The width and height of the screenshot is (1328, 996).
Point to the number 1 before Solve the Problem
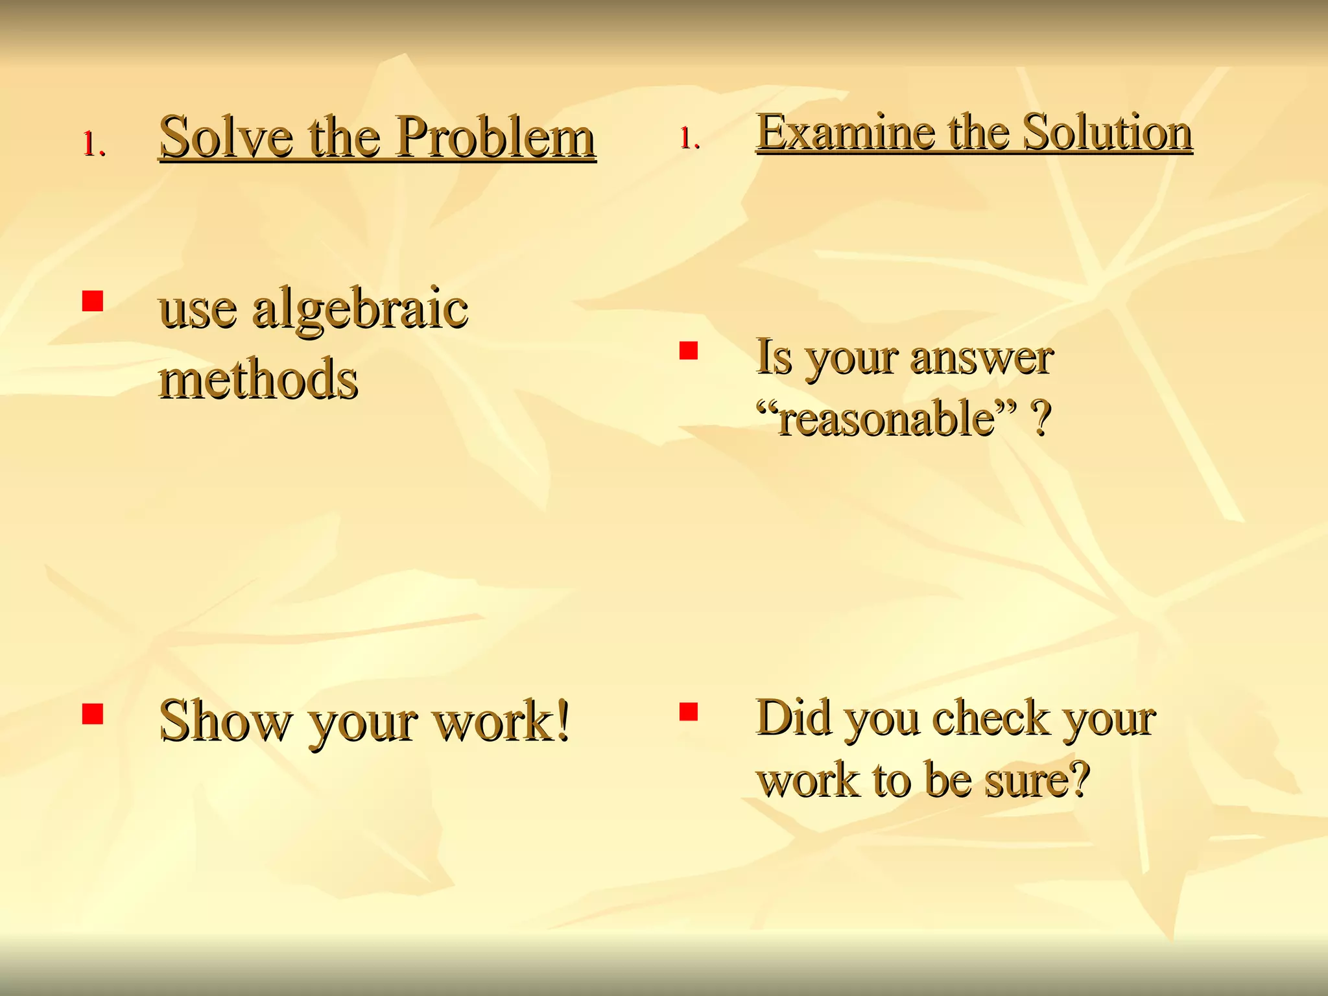(92, 144)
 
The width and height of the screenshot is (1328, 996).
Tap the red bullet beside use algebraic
(93, 302)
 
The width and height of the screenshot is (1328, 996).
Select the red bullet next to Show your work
(93, 713)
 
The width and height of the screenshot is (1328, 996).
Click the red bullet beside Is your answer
(688, 351)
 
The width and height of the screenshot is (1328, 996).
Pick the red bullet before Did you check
(688, 711)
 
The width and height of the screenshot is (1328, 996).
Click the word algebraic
(360, 309)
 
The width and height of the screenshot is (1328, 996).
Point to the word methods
(259, 379)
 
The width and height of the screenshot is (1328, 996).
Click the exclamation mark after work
(562, 720)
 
